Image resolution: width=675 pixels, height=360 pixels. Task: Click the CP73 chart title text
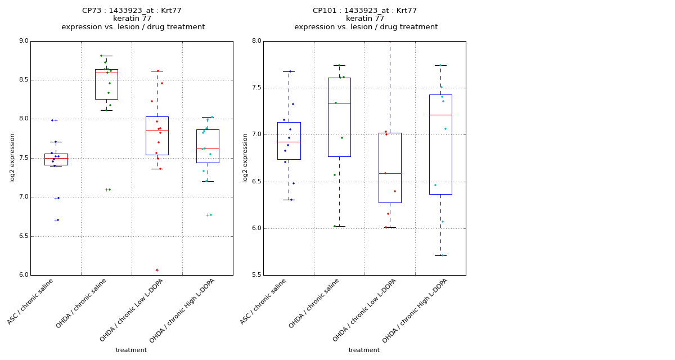(133, 19)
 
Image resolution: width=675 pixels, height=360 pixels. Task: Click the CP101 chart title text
(366, 19)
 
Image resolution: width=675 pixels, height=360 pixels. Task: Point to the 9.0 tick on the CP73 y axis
(24, 41)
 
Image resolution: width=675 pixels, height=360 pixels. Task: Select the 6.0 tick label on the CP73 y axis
(24, 275)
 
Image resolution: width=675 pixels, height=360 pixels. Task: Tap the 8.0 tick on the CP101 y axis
(256, 41)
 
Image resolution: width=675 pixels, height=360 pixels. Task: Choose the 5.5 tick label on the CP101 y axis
(256, 275)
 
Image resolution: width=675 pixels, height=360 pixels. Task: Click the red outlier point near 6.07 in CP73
(157, 270)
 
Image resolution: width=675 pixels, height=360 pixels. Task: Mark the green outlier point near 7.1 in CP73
(109, 190)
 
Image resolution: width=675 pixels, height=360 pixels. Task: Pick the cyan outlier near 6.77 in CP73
(210, 215)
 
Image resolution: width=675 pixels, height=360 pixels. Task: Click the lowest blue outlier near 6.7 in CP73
(58, 220)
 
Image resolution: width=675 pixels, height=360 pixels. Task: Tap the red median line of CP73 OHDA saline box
(106, 73)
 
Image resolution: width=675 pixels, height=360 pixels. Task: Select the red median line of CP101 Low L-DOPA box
(390, 173)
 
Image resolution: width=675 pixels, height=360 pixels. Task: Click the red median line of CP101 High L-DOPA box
(440, 115)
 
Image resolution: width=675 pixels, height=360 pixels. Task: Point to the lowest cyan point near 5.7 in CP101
(442, 255)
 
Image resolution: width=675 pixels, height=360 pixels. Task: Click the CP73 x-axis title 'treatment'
(131, 350)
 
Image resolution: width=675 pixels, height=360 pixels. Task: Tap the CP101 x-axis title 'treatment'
(364, 350)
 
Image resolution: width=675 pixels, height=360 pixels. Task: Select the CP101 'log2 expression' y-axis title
(245, 157)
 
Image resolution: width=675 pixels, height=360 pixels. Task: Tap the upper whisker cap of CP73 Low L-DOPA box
(157, 71)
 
